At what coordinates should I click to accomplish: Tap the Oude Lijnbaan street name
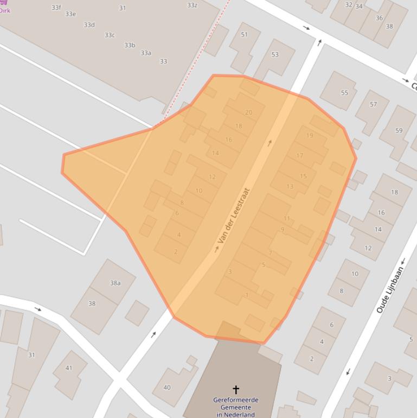(x=390, y=289)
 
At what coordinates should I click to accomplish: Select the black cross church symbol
(x=236, y=389)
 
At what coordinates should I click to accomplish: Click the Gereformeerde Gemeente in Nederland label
(x=236, y=407)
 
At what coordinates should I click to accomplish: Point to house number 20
(x=248, y=113)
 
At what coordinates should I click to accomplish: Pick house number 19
(x=310, y=136)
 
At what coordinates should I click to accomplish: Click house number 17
(x=300, y=156)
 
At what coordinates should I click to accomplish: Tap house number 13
(x=290, y=187)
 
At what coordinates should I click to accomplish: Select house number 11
(x=286, y=219)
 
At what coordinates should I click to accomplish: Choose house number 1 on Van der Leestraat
(x=247, y=295)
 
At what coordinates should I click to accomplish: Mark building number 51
(x=244, y=35)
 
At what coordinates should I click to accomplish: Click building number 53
(x=275, y=55)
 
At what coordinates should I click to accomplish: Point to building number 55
(x=344, y=93)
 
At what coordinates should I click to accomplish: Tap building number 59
(x=399, y=131)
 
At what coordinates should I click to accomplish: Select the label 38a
(x=115, y=283)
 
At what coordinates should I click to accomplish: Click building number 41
(x=69, y=368)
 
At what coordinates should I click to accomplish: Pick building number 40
(x=167, y=388)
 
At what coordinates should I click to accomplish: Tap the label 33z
(x=192, y=5)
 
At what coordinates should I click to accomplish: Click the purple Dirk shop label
(x=5, y=10)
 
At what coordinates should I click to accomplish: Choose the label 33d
(x=89, y=25)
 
